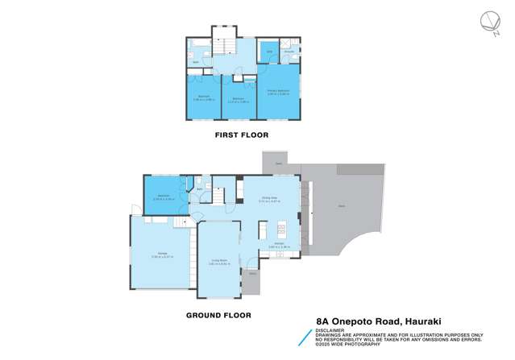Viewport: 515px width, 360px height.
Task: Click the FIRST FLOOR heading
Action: (241, 134)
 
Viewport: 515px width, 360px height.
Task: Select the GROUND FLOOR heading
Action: (218, 316)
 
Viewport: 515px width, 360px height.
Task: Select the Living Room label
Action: (218, 260)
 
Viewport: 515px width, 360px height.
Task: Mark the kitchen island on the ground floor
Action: (263, 233)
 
